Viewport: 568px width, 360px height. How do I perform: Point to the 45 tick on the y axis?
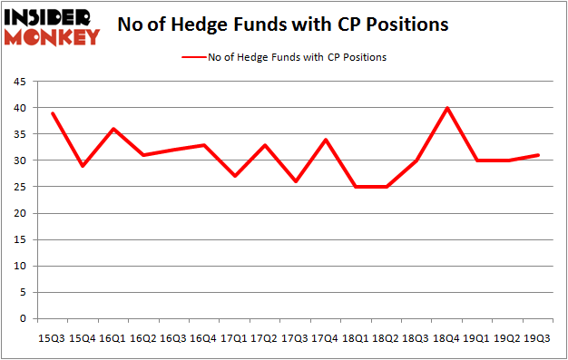(x=21, y=82)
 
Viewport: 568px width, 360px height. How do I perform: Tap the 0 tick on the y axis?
(x=24, y=319)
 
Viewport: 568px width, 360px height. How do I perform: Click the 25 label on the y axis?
(x=21, y=187)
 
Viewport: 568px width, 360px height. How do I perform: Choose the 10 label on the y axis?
(x=21, y=267)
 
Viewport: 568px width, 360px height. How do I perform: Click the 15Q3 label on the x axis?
(x=50, y=338)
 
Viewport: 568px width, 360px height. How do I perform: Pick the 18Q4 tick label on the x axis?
(x=447, y=338)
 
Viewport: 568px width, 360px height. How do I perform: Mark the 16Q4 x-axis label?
(x=202, y=338)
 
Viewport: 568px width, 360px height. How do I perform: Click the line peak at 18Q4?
(x=447, y=108)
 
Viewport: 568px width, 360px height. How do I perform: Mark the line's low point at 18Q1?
(x=356, y=187)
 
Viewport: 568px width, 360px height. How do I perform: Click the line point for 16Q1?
(x=112, y=129)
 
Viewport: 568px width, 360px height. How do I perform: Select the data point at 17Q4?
(x=325, y=140)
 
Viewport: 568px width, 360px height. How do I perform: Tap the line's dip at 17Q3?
(x=295, y=181)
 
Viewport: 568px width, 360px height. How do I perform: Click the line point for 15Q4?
(x=82, y=166)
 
